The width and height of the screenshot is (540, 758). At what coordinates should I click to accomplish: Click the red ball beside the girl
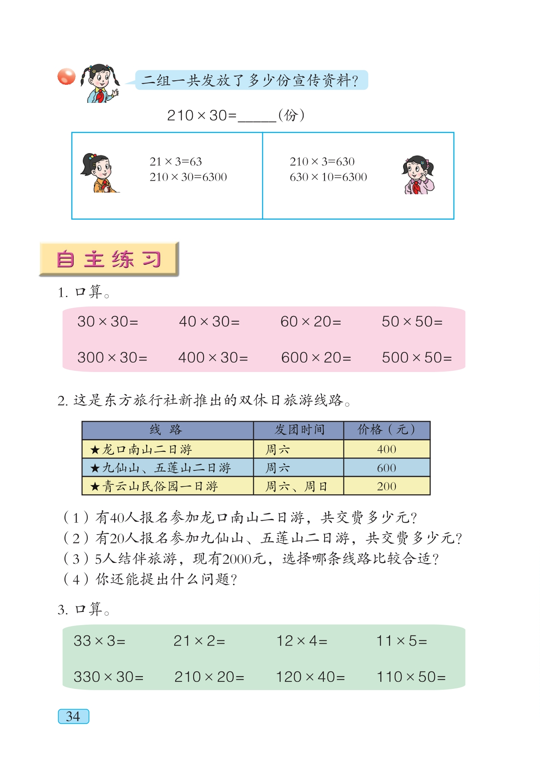66,77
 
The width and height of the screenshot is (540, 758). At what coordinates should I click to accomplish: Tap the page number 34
73,716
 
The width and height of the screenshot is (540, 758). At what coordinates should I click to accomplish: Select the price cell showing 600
386,468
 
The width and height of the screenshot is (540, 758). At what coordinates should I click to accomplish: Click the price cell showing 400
386,449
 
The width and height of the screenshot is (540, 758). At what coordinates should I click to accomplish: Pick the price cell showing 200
386,486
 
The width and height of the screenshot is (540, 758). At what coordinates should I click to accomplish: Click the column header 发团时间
299,430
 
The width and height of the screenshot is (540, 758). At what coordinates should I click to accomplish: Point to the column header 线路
166,430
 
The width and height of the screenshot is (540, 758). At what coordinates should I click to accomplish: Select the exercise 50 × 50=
412,322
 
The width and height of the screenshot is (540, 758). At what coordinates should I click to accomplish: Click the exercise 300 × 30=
112,358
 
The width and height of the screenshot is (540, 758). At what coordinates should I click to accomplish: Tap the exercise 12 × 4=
302,641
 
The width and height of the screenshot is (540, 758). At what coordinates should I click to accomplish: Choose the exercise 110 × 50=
411,677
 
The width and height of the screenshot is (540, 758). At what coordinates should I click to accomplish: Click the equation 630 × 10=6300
328,177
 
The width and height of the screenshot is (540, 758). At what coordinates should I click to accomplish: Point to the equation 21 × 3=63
175,162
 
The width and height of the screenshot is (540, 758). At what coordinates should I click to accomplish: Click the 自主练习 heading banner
109,259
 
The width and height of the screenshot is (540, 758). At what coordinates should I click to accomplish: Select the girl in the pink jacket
418,175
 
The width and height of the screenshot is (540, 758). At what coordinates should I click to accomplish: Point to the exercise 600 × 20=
316,358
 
